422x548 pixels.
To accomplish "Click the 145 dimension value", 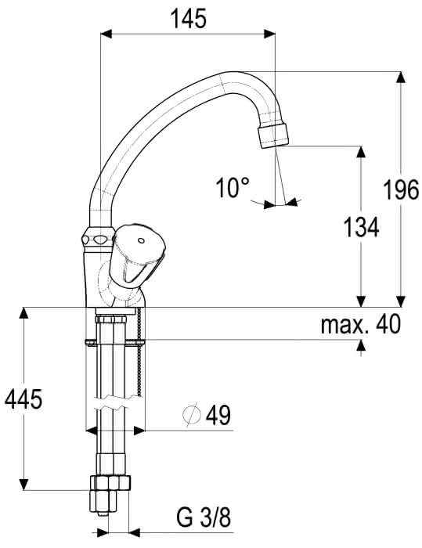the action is tap(188, 19).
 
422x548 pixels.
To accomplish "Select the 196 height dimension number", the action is tap(401, 190).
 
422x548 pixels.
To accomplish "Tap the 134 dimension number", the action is tap(361, 227).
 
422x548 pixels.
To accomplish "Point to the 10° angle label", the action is tap(233, 188).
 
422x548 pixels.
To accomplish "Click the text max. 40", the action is tap(360, 323).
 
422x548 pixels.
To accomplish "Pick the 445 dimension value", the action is tap(23, 398).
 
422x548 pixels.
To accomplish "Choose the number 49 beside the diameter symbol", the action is tap(218, 415).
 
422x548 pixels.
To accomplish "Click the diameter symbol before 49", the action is tap(192, 414).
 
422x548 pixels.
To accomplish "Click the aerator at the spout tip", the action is tap(274, 137).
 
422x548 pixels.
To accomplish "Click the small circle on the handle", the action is tap(141, 240).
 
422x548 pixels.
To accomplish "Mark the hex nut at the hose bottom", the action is tap(110, 483).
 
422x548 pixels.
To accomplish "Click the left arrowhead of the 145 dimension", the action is tap(106, 34).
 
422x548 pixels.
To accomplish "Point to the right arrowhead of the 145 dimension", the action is tap(270, 34).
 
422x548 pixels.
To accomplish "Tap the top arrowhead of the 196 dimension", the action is tap(402, 78).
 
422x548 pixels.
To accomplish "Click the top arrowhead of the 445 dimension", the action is tap(23, 313).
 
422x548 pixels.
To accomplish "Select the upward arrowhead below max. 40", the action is tap(361, 345).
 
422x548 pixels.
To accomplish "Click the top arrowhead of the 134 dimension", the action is tap(361, 151).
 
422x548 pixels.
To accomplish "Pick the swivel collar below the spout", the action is tap(99, 237).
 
